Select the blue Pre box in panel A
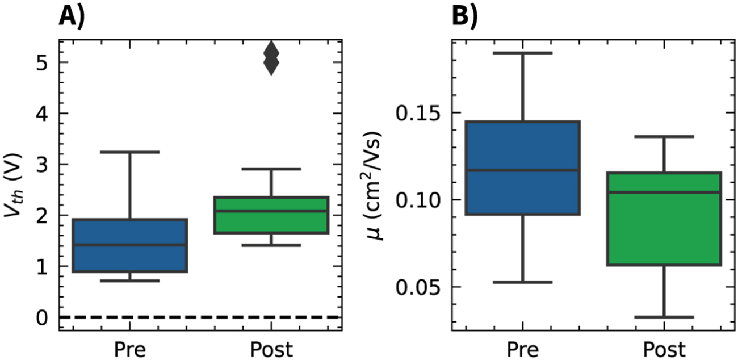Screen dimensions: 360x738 [131, 245]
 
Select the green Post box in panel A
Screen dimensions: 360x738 [271, 215]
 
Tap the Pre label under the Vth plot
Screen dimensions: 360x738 [131, 348]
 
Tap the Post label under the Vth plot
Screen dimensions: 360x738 [271, 348]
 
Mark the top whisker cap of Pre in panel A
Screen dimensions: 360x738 [131, 152]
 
